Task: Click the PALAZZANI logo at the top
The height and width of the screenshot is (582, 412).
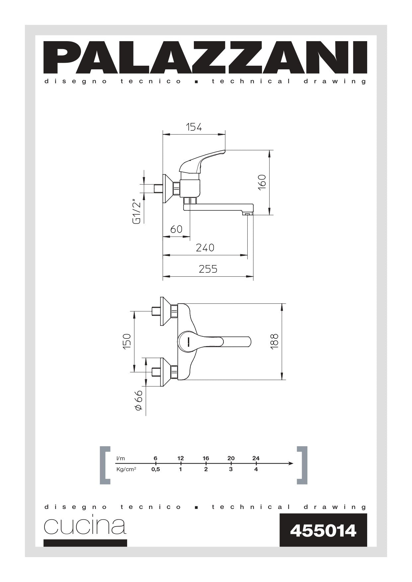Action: pyautogui.click(x=206, y=57)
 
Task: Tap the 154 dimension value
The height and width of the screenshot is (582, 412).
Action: pyautogui.click(x=194, y=127)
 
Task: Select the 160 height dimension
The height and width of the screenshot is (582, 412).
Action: pyautogui.click(x=262, y=182)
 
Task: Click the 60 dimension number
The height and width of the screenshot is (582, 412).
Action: pyautogui.click(x=176, y=229)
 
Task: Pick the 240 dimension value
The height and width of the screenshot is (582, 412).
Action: pyautogui.click(x=205, y=248)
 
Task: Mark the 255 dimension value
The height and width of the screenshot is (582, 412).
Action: pyautogui.click(x=208, y=269)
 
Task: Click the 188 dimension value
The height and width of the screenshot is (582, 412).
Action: pyautogui.click(x=275, y=341)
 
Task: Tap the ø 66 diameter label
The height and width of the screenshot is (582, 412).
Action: pyautogui.click(x=138, y=401)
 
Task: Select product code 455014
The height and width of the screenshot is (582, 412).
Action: pyautogui.click(x=323, y=531)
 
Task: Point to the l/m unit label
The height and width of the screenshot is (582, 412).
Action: pyautogui.click(x=121, y=458)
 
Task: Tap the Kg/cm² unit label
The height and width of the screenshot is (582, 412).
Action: pyautogui.click(x=126, y=470)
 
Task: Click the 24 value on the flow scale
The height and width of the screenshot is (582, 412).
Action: pyautogui.click(x=256, y=458)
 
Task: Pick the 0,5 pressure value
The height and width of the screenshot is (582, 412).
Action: pyautogui.click(x=155, y=470)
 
